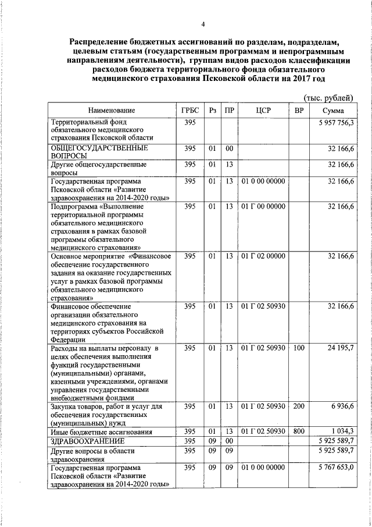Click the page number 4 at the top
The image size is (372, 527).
tap(203, 24)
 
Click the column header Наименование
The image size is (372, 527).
tap(112, 111)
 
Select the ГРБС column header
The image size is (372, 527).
tap(190, 111)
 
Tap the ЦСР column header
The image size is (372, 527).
tap(263, 111)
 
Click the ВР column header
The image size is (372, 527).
tap(299, 111)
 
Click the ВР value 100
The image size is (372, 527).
tap(299, 348)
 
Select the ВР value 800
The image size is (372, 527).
tap(299, 432)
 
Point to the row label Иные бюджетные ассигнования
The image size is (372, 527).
tap(102, 432)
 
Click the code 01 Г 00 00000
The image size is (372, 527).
tap(263, 206)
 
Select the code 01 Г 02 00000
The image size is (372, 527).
tap(263, 256)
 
